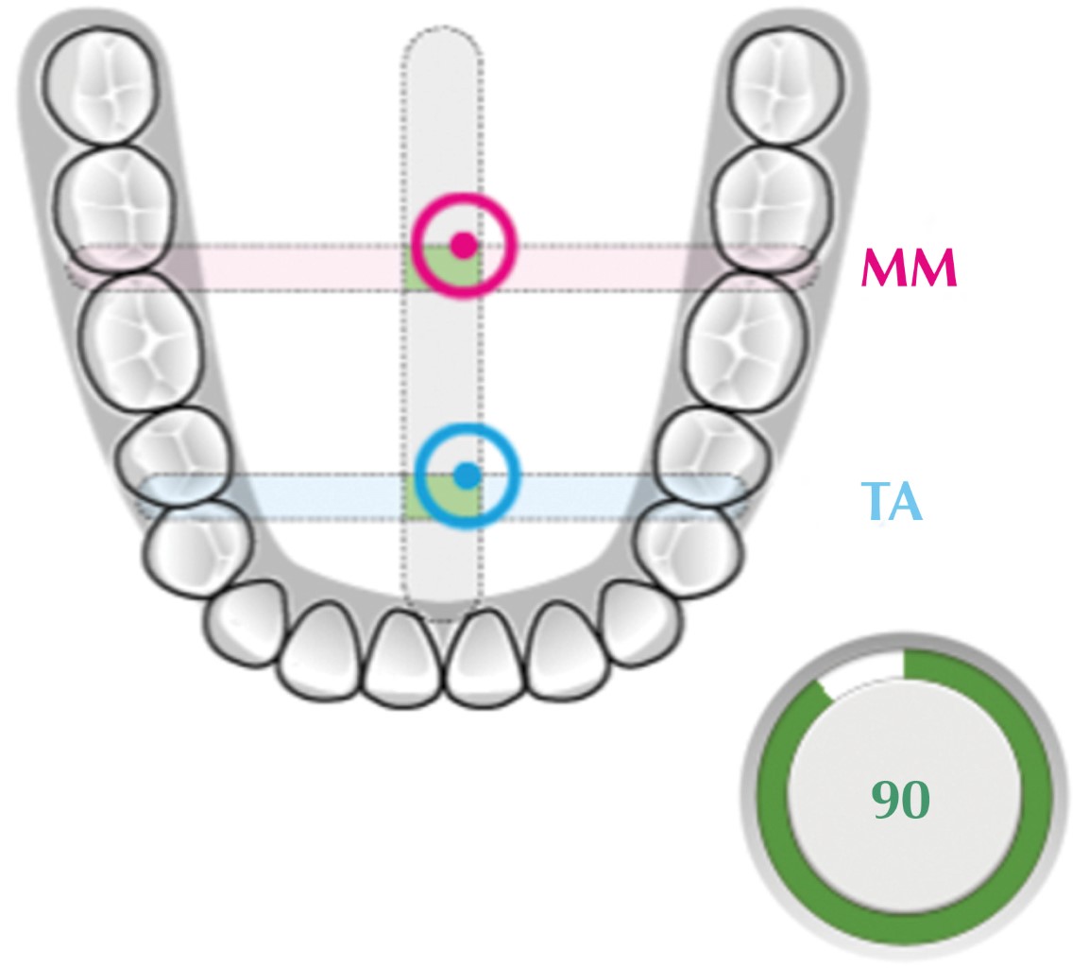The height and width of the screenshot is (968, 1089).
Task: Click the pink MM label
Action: coord(909,268)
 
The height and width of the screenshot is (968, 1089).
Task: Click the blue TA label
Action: coord(891,501)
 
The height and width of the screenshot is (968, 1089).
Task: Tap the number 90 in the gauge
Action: coord(900,800)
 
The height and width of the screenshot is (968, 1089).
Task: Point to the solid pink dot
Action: coord(463,245)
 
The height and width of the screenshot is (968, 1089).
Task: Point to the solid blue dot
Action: coord(467,475)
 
